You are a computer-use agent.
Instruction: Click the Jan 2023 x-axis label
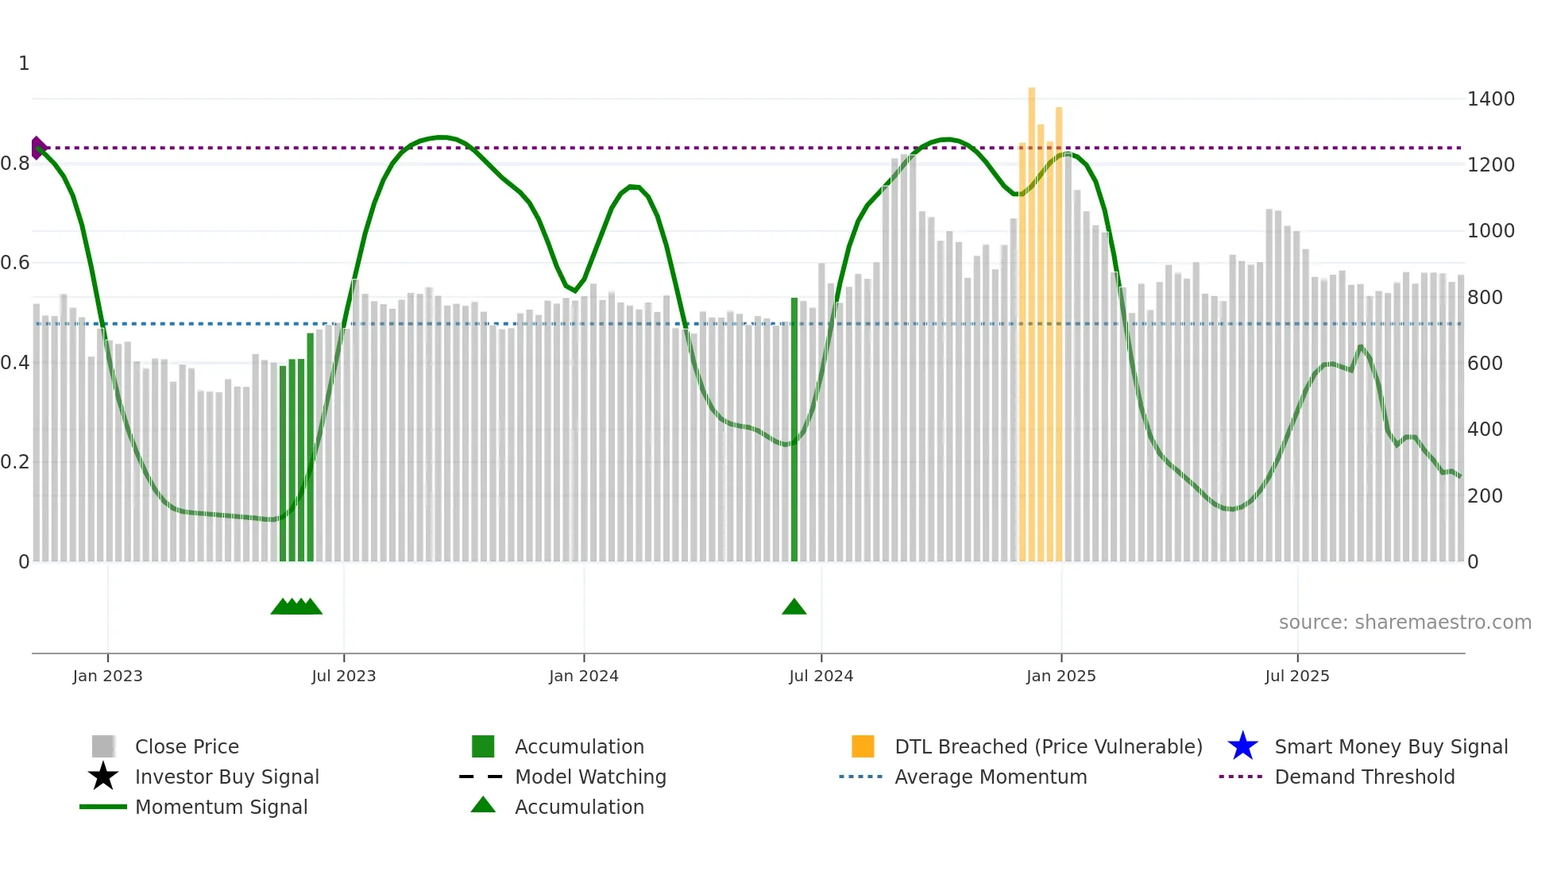[107, 676]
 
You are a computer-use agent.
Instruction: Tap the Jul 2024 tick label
[821, 676]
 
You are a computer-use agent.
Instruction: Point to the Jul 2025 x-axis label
[1296, 676]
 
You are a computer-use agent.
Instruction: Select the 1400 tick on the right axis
[1491, 99]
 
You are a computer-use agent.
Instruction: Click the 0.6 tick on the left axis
[15, 263]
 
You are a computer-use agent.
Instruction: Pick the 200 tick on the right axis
[1485, 496]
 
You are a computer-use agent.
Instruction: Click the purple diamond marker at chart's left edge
[37, 148]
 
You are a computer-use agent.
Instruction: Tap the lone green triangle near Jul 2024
[794, 607]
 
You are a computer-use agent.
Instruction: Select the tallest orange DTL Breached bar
[1031, 318]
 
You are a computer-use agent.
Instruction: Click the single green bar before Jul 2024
[794, 429]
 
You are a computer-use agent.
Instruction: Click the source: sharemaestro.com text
[1404, 623]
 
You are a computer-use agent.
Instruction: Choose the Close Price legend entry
[187, 747]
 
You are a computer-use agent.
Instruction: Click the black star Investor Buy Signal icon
[103, 777]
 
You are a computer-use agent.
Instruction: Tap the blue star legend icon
[1242, 746]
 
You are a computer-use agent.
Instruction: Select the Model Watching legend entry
[590, 777]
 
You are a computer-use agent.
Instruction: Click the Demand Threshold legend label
[1364, 777]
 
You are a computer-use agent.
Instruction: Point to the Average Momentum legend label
[991, 777]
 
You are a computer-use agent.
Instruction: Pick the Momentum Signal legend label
[221, 808]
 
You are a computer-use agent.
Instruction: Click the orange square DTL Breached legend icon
[863, 746]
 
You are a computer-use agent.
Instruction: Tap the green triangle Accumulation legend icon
[483, 805]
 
